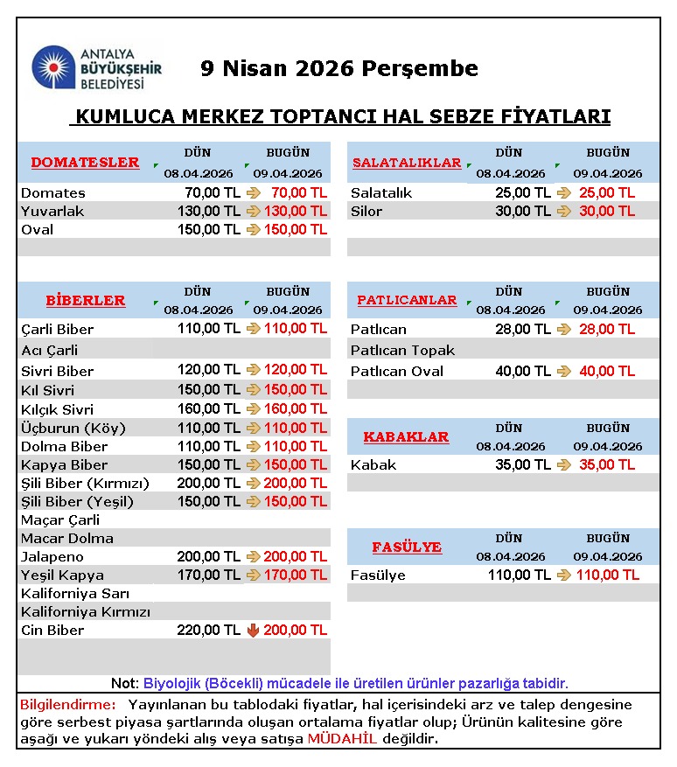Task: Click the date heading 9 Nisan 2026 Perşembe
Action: (339, 68)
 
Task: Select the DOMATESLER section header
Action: (85, 162)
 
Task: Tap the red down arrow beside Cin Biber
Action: (253, 630)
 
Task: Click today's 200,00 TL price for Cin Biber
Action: (295, 630)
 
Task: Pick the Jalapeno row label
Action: (52, 556)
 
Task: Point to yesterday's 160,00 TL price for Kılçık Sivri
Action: (208, 408)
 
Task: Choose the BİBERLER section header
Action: (86, 300)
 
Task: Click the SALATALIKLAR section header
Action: (407, 163)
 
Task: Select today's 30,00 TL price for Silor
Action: (607, 211)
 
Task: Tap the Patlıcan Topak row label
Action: (402, 350)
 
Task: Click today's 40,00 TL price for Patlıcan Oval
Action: (607, 371)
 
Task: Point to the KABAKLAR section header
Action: (406, 436)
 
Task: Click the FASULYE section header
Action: (407, 547)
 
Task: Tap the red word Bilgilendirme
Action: (67, 704)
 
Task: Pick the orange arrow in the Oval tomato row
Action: (253, 229)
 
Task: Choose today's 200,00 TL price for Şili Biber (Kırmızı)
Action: (295, 483)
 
